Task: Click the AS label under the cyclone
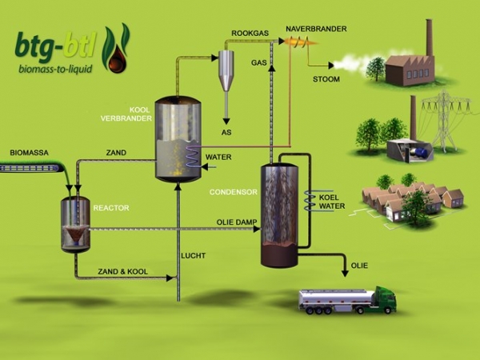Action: (226, 131)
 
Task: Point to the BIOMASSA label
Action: (30, 152)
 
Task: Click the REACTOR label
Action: (111, 208)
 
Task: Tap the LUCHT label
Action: (193, 255)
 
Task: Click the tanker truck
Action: (346, 299)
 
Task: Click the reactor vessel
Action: (75, 225)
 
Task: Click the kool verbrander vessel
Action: (178, 140)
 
